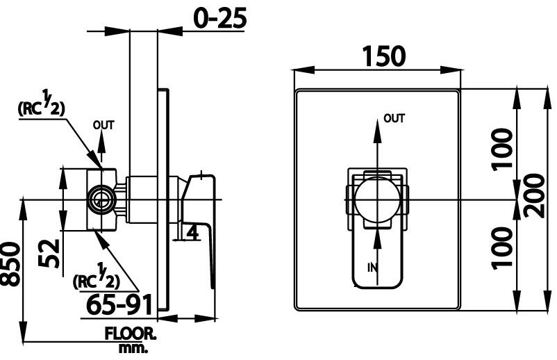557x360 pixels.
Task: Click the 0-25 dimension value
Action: [x=220, y=18]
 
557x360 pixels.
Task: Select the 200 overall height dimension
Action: [x=535, y=199]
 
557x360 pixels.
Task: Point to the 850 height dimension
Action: [x=10, y=263]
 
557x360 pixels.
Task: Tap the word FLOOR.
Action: [x=131, y=334]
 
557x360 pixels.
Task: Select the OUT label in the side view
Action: [x=103, y=125]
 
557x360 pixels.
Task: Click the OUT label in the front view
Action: [x=394, y=119]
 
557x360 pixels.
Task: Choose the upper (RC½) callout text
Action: [x=41, y=106]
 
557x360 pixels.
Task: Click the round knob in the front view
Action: [x=376, y=199]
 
